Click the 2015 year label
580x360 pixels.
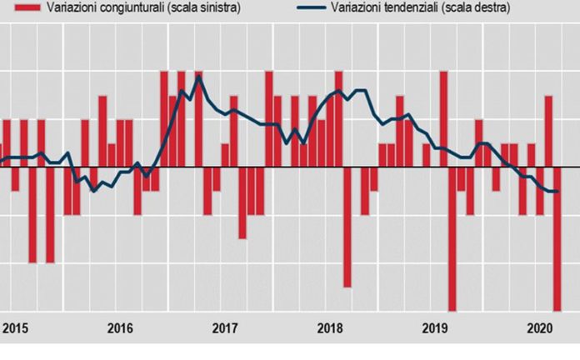point(14,327)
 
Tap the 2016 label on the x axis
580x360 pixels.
point(120,327)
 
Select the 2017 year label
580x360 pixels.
point(225,327)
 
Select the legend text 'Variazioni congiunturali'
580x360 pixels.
point(100,7)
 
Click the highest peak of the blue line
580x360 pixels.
point(198,77)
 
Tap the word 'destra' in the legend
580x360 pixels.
point(490,7)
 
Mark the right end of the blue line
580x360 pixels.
point(557,192)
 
